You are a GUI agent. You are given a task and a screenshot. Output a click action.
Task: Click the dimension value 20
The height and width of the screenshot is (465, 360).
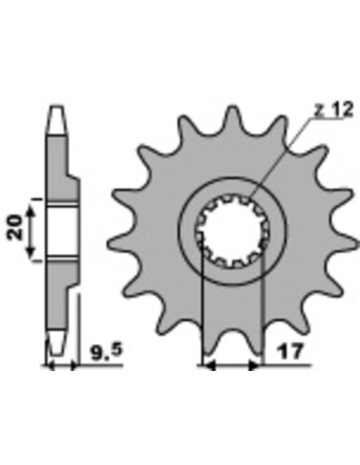coord(16,228)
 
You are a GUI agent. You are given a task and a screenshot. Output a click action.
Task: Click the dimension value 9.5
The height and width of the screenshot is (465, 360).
coord(107,351)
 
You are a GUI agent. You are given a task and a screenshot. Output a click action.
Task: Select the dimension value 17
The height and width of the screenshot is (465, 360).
coord(291,351)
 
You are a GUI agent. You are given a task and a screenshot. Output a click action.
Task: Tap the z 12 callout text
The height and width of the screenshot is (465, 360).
coord(334,109)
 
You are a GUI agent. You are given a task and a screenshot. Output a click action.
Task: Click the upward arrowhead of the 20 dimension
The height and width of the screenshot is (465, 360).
coord(30,213)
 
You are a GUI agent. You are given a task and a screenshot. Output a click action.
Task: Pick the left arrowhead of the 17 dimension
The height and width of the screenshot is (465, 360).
coord(209,366)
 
